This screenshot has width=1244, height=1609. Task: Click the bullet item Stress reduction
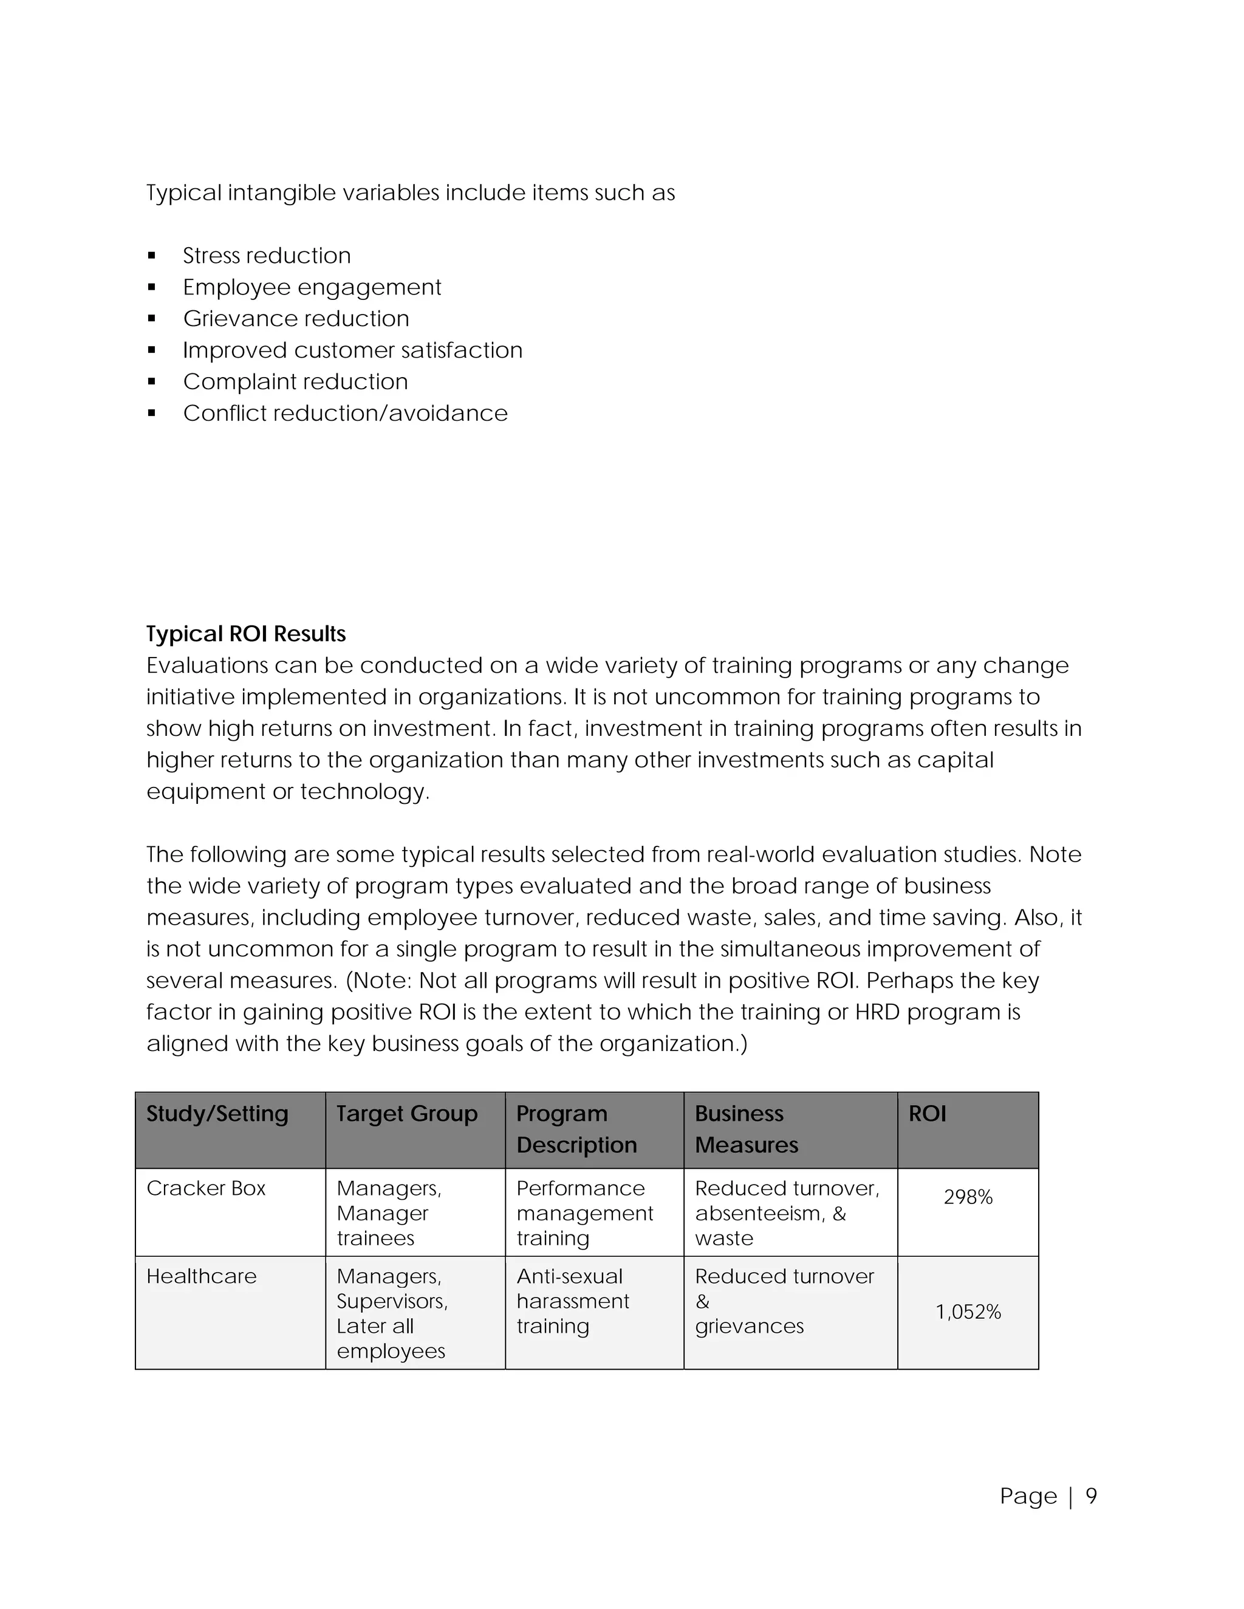coord(267,256)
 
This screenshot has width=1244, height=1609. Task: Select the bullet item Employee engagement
coord(312,287)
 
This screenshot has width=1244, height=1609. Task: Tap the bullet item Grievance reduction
coord(296,319)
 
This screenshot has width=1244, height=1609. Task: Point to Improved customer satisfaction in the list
coord(352,351)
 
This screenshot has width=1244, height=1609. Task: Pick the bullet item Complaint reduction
coord(295,383)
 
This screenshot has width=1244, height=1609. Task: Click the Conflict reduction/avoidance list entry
coord(345,413)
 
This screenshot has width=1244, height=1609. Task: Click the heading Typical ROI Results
coord(245,634)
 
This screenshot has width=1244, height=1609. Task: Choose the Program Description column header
coord(576,1129)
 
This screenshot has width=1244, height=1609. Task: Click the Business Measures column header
coord(746,1129)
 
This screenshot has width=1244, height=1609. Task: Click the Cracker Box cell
coord(206,1188)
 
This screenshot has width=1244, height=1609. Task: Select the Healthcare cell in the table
coord(201,1277)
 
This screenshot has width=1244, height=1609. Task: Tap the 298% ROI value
coord(968,1198)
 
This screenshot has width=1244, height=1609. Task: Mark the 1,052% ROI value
coord(968,1312)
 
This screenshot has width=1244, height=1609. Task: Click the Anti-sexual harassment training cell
coord(573,1302)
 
